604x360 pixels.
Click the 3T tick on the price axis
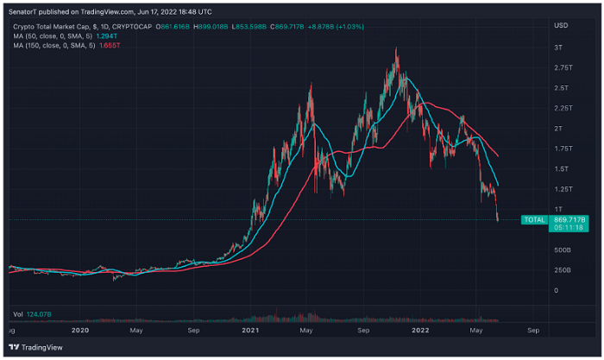[559, 47]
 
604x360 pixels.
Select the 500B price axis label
[563, 249]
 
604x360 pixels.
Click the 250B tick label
[563, 270]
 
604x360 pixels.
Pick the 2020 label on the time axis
[80, 330]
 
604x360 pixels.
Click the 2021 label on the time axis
[251, 330]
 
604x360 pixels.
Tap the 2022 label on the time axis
[422, 330]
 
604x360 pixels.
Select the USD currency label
[562, 24]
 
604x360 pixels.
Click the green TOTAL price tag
[534, 220]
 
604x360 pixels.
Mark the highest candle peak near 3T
[396, 49]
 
